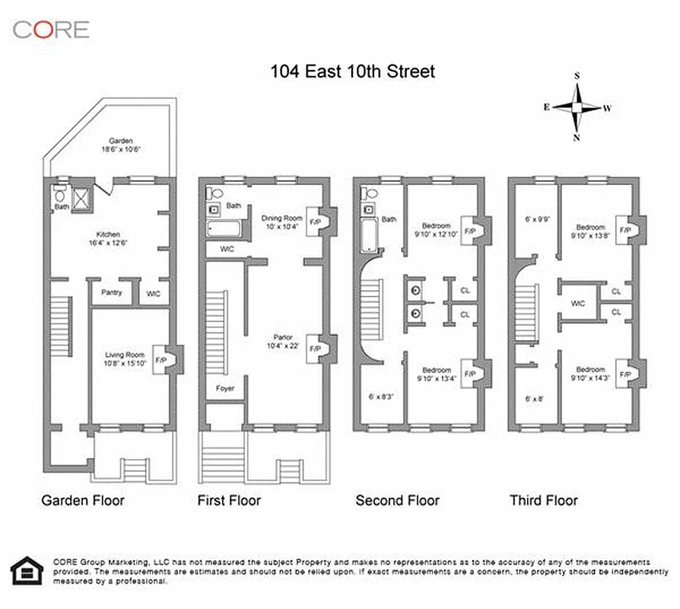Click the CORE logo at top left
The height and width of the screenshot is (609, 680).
pyautogui.click(x=50, y=30)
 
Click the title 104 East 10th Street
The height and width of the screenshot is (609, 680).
pyautogui.click(x=353, y=72)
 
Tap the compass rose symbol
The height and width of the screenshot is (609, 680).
pyautogui.click(x=577, y=107)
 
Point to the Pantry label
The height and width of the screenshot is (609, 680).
pyautogui.click(x=111, y=292)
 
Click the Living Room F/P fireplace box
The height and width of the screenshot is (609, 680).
pyautogui.click(x=160, y=359)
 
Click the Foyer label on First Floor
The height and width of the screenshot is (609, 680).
pyautogui.click(x=225, y=388)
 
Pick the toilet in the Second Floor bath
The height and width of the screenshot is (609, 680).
pyautogui.click(x=368, y=191)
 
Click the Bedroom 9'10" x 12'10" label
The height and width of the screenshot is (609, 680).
pyautogui.click(x=437, y=230)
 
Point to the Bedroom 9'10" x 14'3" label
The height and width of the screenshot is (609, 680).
pyautogui.click(x=590, y=374)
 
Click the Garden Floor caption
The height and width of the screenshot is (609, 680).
pyautogui.click(x=82, y=500)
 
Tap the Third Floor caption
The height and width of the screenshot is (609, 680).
pyautogui.click(x=543, y=500)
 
